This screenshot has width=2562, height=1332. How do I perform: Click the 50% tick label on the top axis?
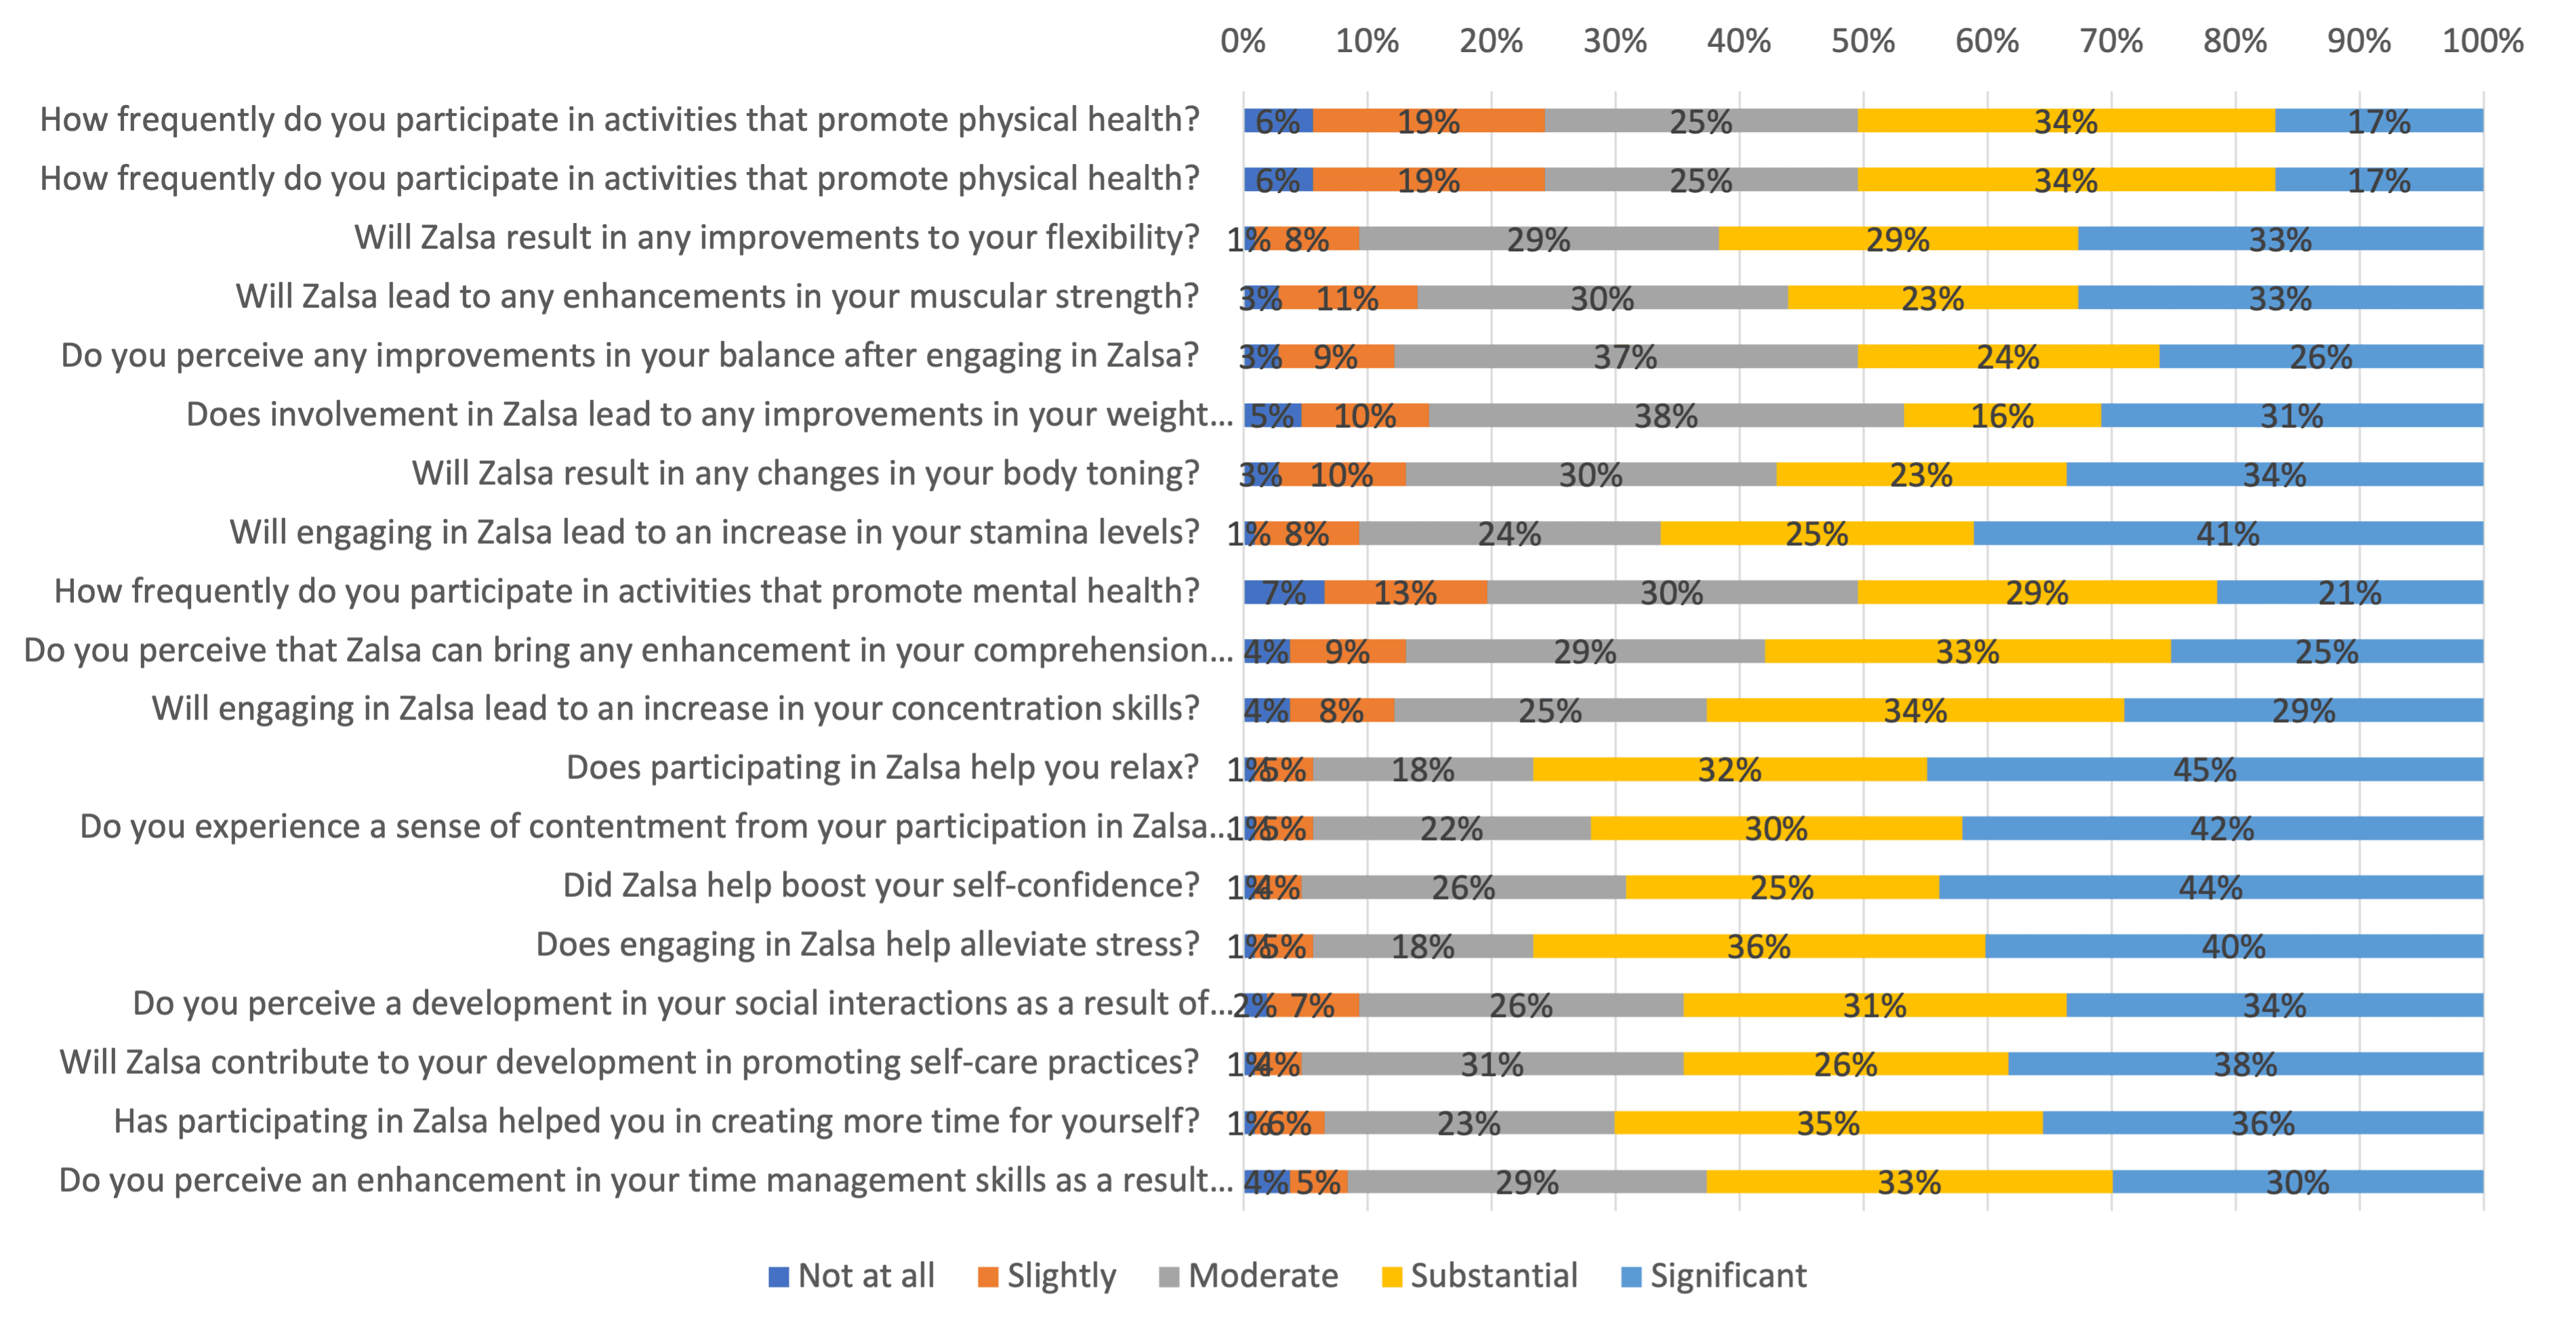coord(1863,41)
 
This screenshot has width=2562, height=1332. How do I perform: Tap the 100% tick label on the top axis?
coord(2483,41)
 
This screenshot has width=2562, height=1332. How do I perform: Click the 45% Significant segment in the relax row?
coord(2205,769)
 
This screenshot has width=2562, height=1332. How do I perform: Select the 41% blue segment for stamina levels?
coord(2228,534)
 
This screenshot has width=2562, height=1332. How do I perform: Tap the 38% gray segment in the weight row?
coord(1666,416)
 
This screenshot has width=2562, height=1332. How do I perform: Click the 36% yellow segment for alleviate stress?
coord(1758,946)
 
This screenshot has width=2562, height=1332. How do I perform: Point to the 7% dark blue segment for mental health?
coord(1283,593)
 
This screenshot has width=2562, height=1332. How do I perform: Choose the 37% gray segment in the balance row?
coord(1625,357)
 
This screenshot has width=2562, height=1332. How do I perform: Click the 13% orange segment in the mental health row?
coord(1405,593)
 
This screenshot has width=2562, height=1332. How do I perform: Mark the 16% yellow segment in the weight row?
coord(2002,416)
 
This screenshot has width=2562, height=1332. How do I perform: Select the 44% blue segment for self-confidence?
coord(2210,888)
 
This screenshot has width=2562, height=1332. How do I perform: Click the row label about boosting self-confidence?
coord(881,886)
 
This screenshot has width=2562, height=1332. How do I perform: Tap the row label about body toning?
coord(806,474)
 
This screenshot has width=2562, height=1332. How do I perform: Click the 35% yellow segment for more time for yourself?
coord(1828,1123)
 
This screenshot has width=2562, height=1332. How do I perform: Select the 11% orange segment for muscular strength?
coord(1348,298)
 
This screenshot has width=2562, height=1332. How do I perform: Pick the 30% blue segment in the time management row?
coord(2298,1182)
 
